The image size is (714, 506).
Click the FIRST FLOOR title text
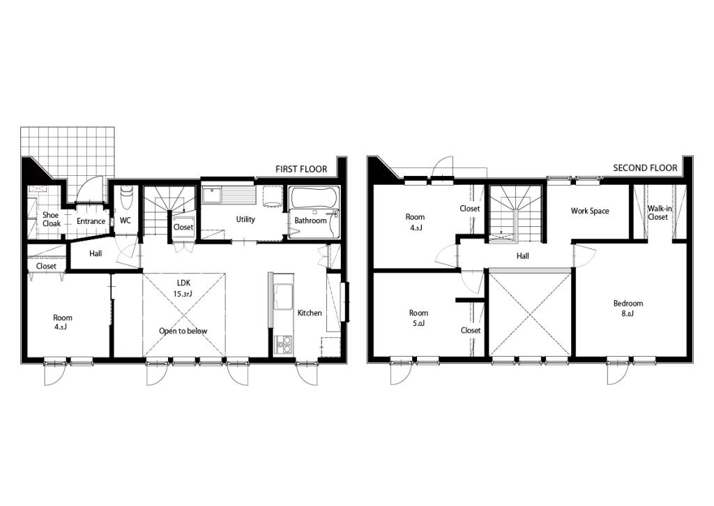[x=301, y=169]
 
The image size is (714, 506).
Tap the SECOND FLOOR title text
[x=645, y=168]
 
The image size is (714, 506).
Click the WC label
[x=126, y=221]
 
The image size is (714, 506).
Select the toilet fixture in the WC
[x=126, y=197]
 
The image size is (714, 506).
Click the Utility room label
[x=245, y=219]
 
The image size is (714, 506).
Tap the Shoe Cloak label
[x=52, y=219]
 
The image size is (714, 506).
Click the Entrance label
[x=91, y=221]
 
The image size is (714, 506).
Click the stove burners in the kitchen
[x=283, y=344]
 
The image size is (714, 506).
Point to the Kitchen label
[x=310, y=313]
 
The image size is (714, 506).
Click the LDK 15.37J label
[x=183, y=288]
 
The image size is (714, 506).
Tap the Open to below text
[x=183, y=331]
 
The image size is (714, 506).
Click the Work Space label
[x=590, y=211]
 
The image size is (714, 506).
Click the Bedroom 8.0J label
[x=628, y=308]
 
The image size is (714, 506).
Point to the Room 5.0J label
[x=418, y=318]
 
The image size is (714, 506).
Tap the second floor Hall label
[x=523, y=256]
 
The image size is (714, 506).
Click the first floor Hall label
[x=96, y=253]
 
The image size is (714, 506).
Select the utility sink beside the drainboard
[x=211, y=196]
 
